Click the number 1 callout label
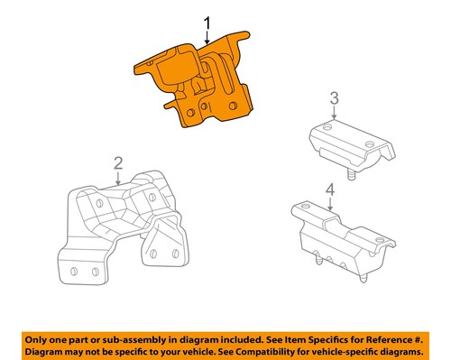207,22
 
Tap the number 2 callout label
117,162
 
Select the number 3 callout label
333,98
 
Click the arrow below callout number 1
207,38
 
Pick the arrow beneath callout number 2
117,178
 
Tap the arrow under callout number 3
333,114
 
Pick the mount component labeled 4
343,239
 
